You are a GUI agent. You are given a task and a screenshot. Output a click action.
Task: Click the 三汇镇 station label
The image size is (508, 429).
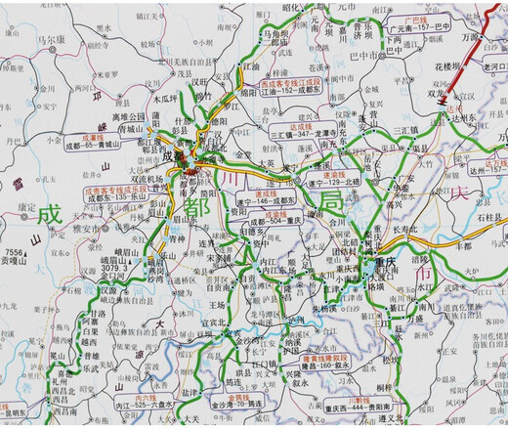pyautogui.click(x=404, y=129)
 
